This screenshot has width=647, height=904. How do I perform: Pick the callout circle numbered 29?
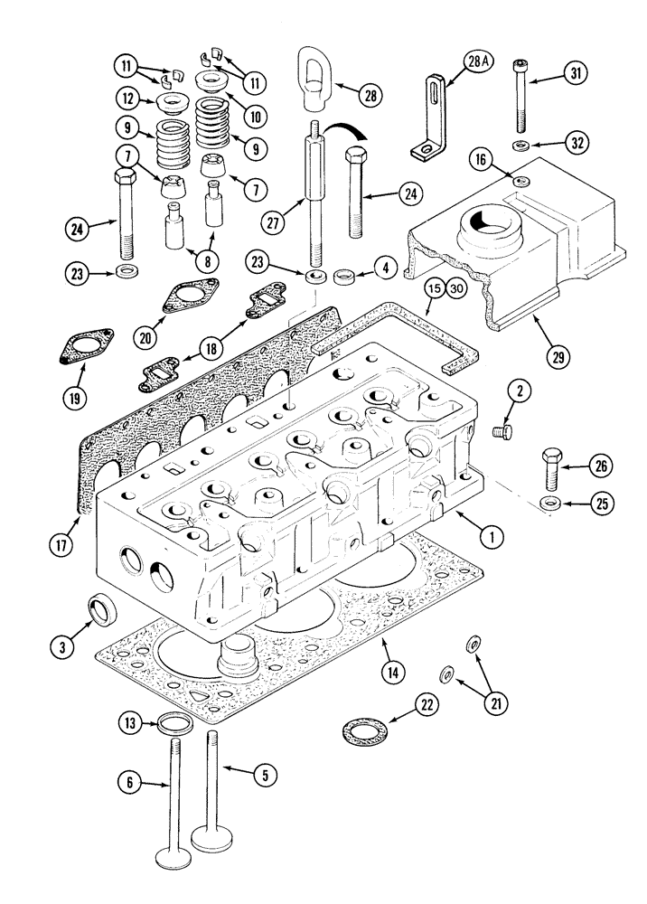click(x=558, y=356)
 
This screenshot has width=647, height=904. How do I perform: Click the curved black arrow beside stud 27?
click(x=349, y=132)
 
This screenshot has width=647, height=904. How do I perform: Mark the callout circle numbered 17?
click(x=61, y=544)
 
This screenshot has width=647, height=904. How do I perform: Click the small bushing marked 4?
click(x=343, y=275)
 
